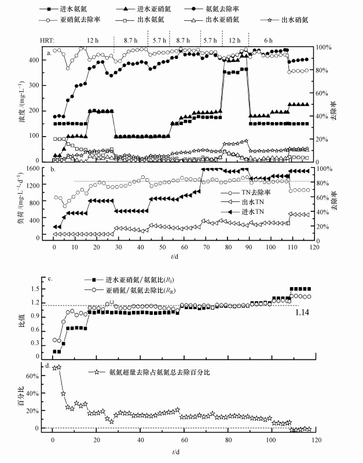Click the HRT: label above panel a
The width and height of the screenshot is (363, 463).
click(x=47, y=39)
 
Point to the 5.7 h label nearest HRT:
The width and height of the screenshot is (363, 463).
click(x=158, y=39)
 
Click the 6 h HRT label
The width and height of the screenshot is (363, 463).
click(x=268, y=39)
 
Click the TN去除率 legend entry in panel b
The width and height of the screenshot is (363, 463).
click(x=256, y=191)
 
